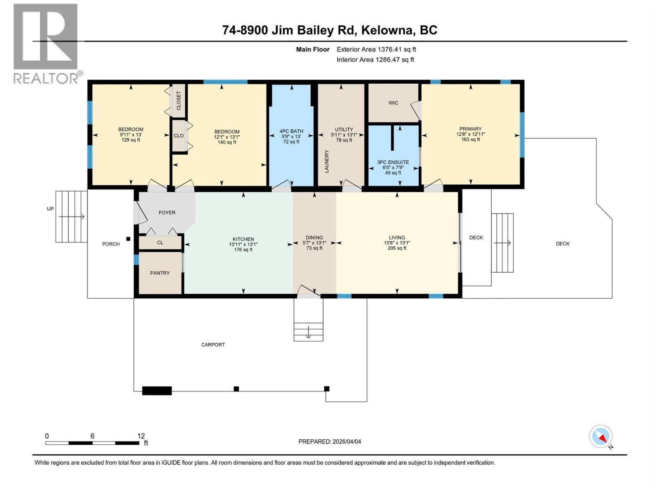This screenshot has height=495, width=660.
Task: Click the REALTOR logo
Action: click(46, 43)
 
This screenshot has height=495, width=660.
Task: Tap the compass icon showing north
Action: click(601, 437)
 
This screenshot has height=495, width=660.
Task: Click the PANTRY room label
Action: click(160, 273)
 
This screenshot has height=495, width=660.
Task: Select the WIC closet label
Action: click(393, 103)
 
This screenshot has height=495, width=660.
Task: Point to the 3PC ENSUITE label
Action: click(393, 162)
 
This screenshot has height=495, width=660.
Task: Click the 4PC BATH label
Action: click(291, 131)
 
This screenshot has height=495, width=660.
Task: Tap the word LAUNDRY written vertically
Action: click(327, 161)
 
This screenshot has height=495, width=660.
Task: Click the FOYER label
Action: click(167, 212)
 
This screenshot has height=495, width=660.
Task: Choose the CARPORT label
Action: click(213, 344)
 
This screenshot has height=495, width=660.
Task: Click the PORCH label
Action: click(111, 244)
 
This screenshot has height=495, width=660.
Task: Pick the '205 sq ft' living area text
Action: click(397, 248)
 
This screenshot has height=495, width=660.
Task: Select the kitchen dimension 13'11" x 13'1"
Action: click(243, 244)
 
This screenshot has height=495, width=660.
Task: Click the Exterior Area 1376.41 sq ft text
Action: click(376, 49)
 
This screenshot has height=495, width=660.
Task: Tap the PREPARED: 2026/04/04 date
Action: click(330, 441)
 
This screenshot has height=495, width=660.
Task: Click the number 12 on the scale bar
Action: click(141, 436)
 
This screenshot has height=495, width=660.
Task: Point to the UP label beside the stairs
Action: click(50, 209)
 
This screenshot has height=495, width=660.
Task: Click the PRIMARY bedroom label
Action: click(470, 129)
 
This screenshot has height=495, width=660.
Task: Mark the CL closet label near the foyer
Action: click(160, 243)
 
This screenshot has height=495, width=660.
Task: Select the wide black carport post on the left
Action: click(157, 391)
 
